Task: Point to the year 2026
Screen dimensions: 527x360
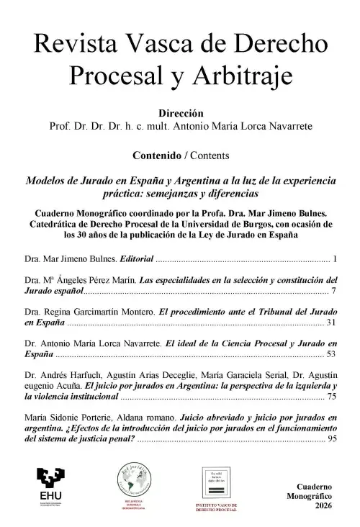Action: pyautogui.click(x=322, y=508)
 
